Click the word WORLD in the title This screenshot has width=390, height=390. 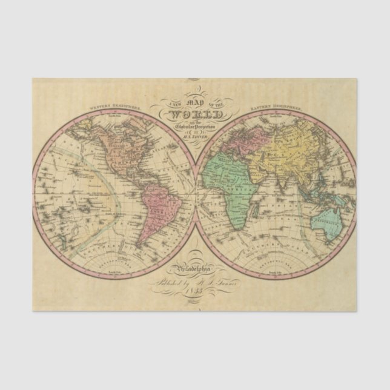(x=195, y=115)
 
